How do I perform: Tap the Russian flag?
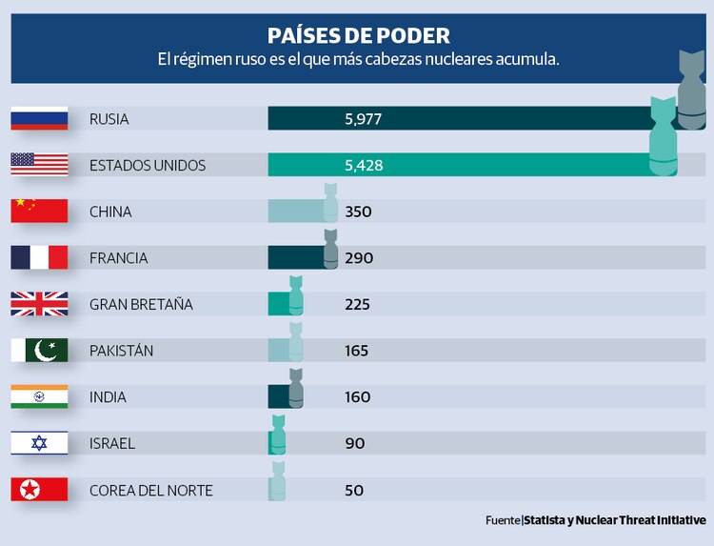click(x=39, y=118)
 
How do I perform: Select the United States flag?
click(x=39, y=164)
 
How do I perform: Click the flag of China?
click(x=39, y=211)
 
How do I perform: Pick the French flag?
click(x=39, y=257)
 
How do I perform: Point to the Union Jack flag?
click(x=39, y=304)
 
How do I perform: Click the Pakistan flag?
click(x=39, y=351)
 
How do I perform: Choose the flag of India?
click(x=39, y=396)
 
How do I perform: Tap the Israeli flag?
click(x=39, y=443)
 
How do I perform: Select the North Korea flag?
click(x=39, y=490)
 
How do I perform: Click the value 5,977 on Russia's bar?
click(x=364, y=119)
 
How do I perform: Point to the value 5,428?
click(x=364, y=165)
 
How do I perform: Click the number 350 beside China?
click(x=358, y=212)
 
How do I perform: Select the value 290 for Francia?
click(x=358, y=258)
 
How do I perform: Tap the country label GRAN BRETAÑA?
click(x=141, y=305)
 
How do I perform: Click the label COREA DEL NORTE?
click(x=150, y=491)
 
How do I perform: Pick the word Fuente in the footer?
click(x=502, y=520)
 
